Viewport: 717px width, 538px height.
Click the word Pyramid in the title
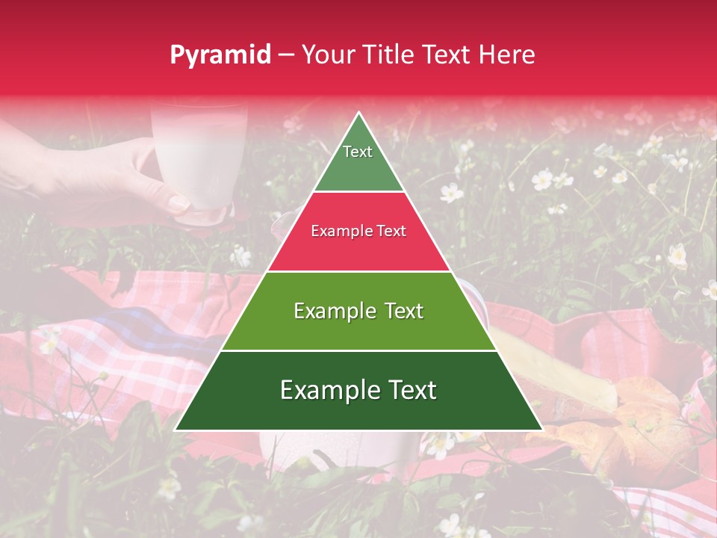click(x=220, y=55)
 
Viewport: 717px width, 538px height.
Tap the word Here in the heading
click(x=506, y=55)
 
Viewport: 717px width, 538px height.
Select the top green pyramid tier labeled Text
click(x=358, y=161)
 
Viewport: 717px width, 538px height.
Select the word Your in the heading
click(x=326, y=55)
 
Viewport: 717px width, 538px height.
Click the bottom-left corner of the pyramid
click(x=176, y=430)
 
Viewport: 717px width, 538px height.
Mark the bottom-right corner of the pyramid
click(x=541, y=430)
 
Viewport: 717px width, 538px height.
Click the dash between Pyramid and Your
click(x=285, y=55)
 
